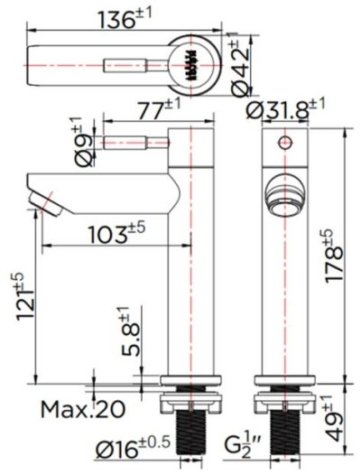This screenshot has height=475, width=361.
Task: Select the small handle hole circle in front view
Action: (284, 142)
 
